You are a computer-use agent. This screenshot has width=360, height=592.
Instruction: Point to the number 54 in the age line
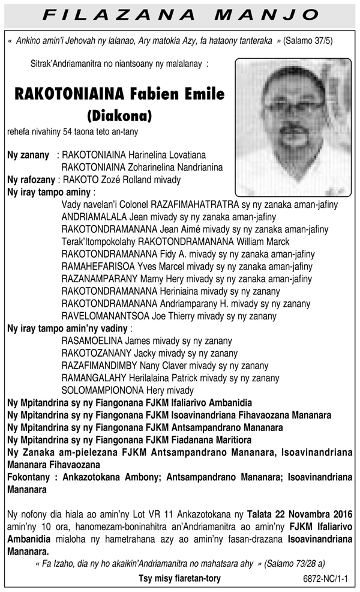(78, 130)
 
